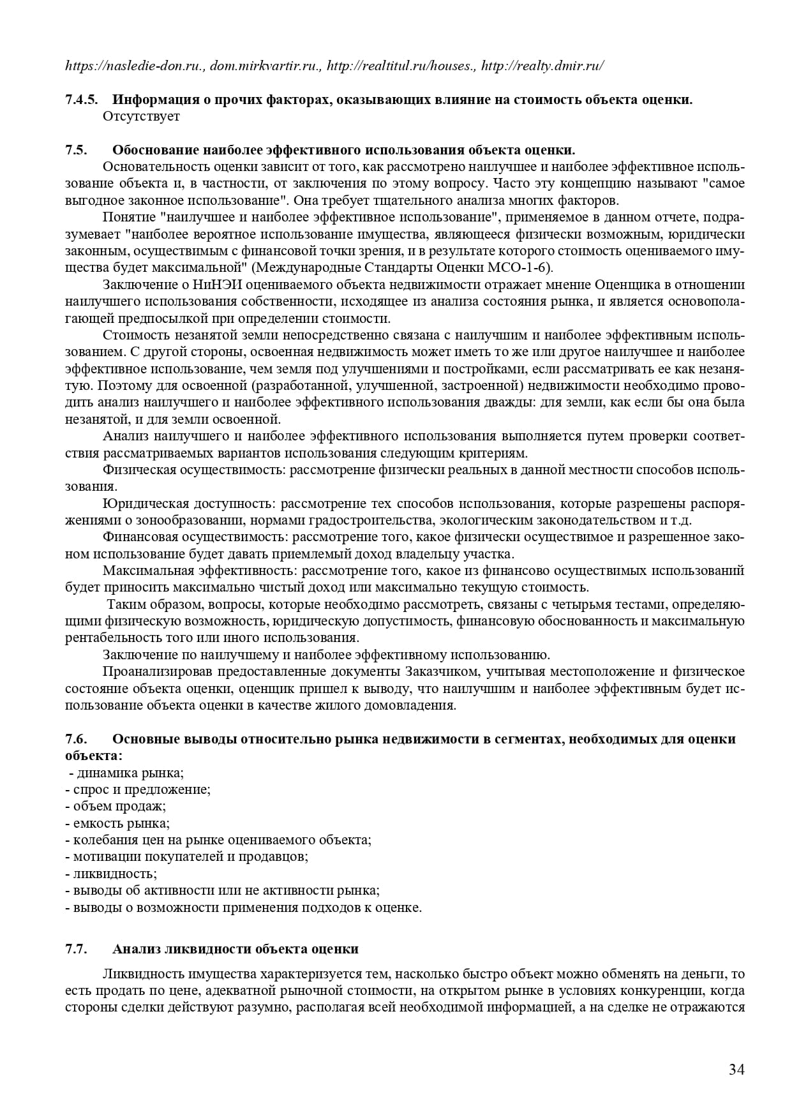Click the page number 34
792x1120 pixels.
click(x=736, y=1070)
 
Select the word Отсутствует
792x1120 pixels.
click(x=141, y=116)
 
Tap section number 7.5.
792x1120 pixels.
click(x=75, y=150)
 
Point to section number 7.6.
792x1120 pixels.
click(x=75, y=739)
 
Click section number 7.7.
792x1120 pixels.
click(x=75, y=949)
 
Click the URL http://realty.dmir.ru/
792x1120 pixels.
click(x=542, y=66)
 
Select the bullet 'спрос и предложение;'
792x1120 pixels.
click(x=138, y=789)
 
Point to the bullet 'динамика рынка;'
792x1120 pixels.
click(x=128, y=773)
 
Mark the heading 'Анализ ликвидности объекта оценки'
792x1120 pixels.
click(x=235, y=949)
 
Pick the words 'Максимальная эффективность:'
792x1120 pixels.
click(x=200, y=571)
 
